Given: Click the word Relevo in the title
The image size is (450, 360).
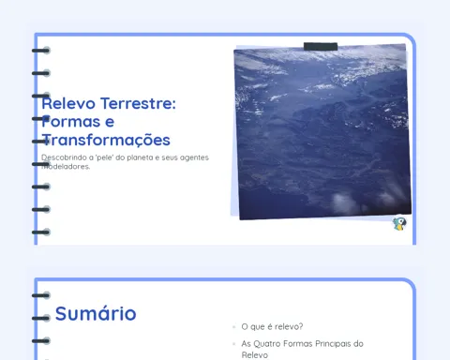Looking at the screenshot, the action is (x=68, y=103).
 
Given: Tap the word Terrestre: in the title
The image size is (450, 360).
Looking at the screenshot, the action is (x=139, y=103).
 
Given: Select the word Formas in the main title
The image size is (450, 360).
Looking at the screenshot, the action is (x=71, y=122).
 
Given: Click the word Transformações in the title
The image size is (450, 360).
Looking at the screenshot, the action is (x=106, y=140).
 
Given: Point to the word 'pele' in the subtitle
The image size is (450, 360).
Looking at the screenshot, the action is (x=104, y=157).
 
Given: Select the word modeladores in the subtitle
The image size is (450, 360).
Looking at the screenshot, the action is (x=66, y=167).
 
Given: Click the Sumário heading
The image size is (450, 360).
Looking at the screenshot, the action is (x=96, y=313).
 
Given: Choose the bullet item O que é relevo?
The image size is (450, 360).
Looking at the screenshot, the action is (x=272, y=326).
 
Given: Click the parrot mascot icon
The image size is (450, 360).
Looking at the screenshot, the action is (x=399, y=223).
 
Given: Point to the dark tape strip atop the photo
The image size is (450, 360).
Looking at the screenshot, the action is (x=321, y=47).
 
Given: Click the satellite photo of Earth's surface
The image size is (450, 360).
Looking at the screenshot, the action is (x=322, y=132).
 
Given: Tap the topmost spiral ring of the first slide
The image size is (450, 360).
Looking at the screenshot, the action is (x=41, y=51).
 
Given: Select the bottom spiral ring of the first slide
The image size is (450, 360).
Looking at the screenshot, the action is (x=41, y=232).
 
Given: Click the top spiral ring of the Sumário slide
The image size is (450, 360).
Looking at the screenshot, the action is (x=41, y=295).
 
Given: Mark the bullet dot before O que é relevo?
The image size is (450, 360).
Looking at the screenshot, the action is (x=233, y=327).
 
